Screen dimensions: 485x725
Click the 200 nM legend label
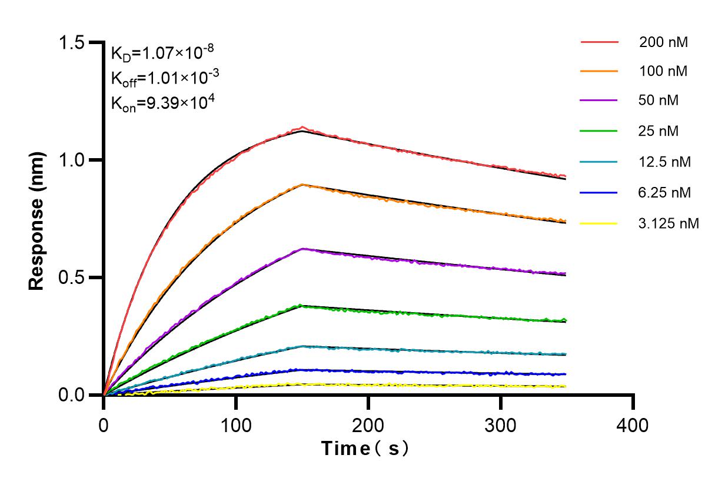663,42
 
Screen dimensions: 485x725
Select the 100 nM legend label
663,72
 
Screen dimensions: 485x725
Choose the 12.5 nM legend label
664,162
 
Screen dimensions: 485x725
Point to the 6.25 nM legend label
664,192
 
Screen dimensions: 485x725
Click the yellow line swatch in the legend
599,223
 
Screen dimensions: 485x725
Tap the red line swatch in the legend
599,42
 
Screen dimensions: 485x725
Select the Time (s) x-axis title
365,449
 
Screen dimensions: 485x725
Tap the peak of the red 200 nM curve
302,127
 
